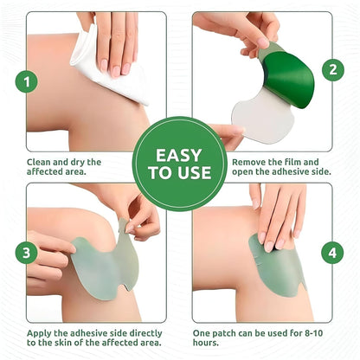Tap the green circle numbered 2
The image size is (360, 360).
click(x=331, y=70)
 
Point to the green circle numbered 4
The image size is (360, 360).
click(x=331, y=253)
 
